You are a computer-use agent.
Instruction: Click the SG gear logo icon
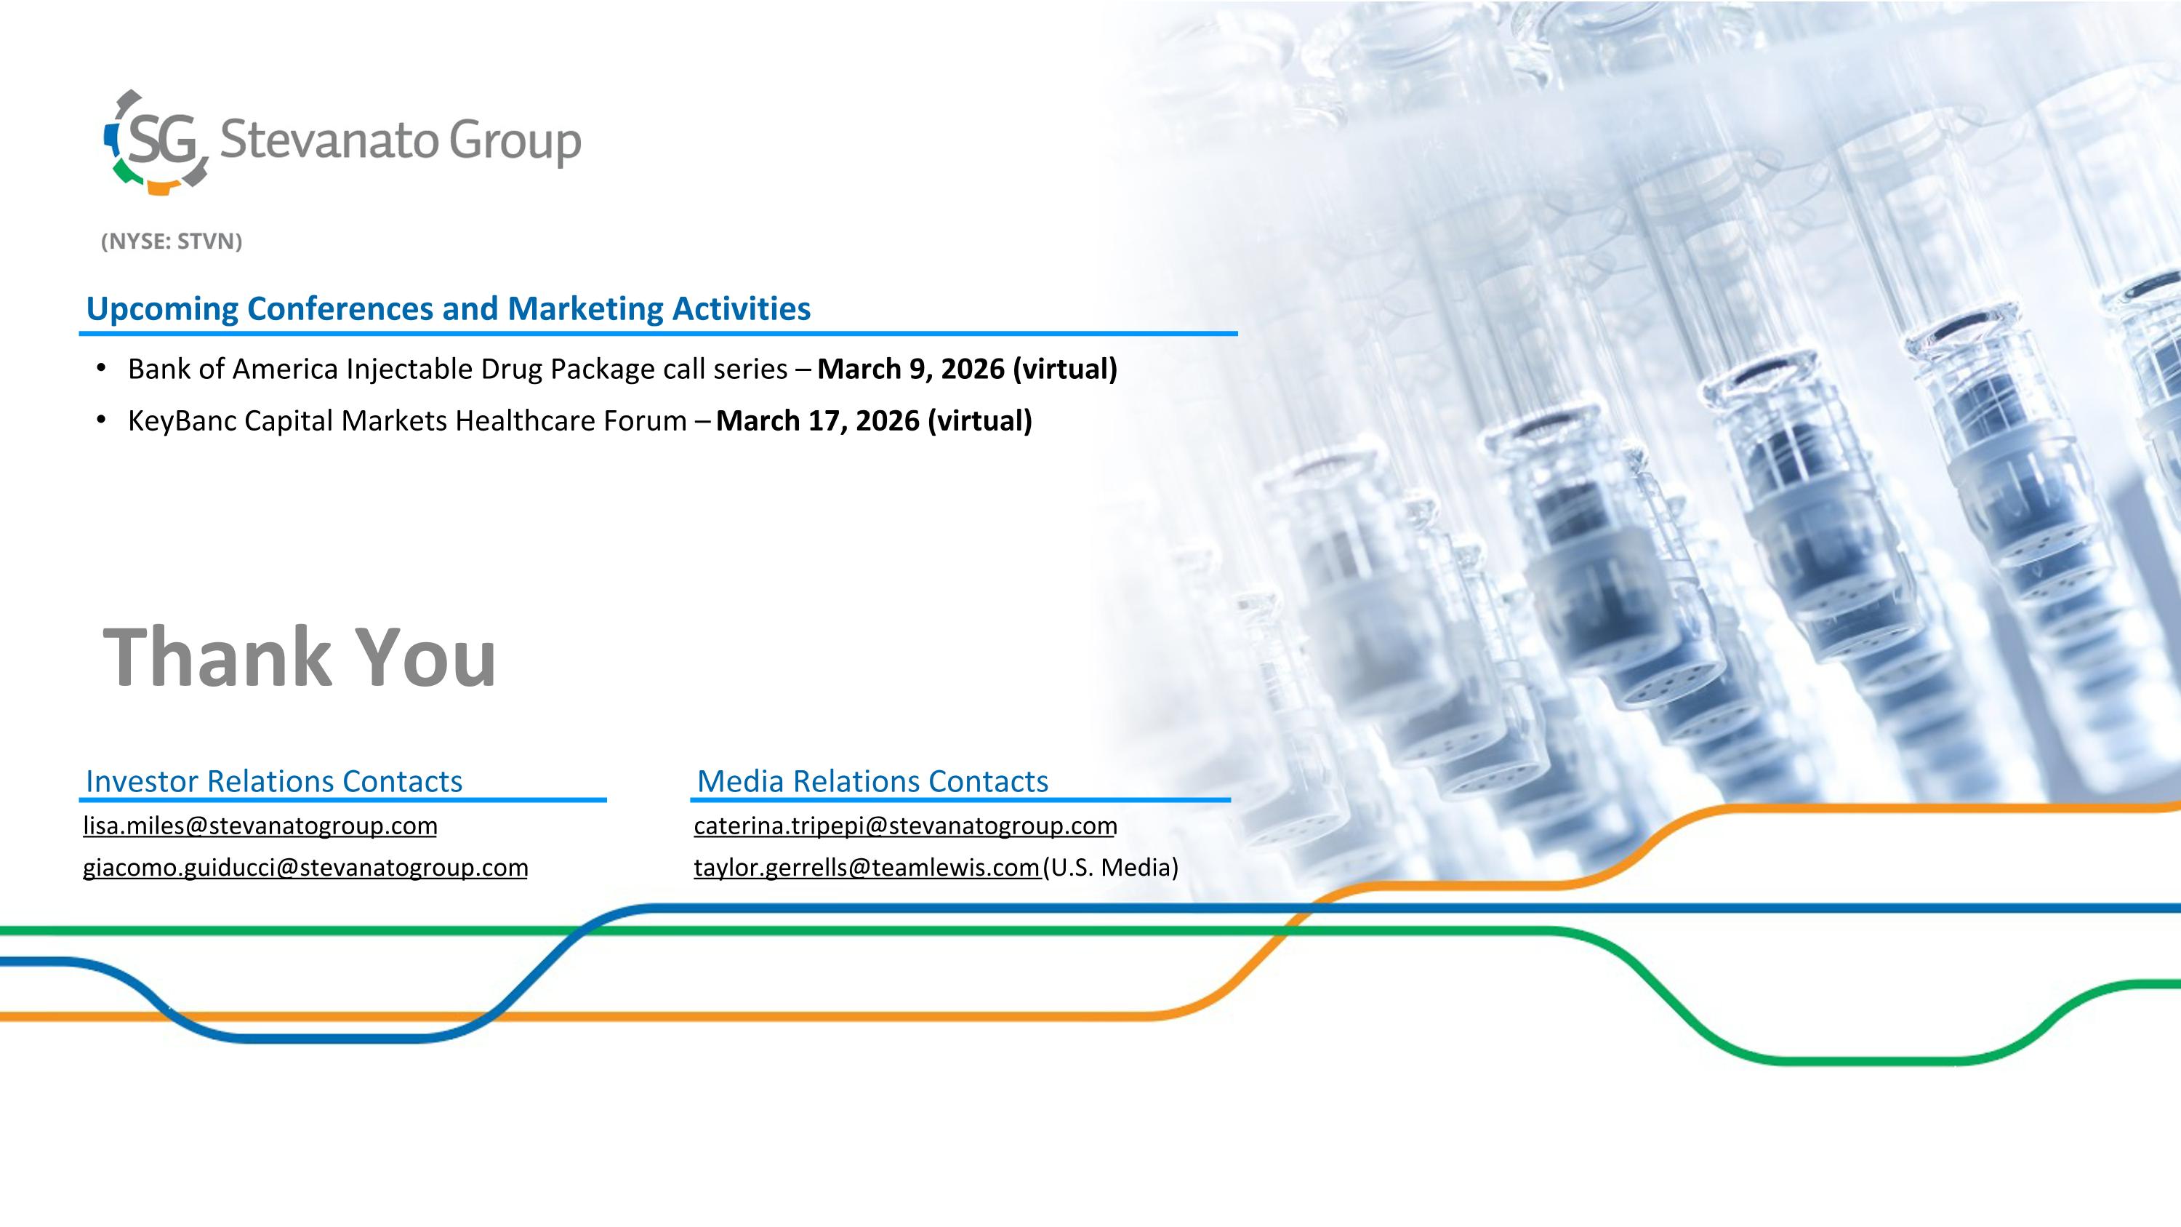pyautogui.click(x=156, y=141)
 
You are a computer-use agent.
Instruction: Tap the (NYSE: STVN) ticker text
pyautogui.click(x=172, y=241)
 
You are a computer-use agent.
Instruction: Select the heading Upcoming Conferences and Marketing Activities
pyautogui.click(x=449, y=308)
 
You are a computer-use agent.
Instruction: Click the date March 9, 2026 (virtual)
pyautogui.click(x=967, y=369)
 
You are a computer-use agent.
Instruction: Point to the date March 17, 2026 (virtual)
pyautogui.click(x=874, y=421)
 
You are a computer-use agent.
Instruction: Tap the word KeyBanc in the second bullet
pyautogui.click(x=182, y=421)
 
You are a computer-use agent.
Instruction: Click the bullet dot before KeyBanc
pyautogui.click(x=102, y=419)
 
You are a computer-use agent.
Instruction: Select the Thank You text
pyautogui.click(x=300, y=657)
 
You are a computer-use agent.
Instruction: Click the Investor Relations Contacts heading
pyautogui.click(x=274, y=780)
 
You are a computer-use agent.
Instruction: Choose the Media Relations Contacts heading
pyautogui.click(x=873, y=780)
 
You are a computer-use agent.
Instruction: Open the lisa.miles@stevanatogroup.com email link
pyautogui.click(x=260, y=826)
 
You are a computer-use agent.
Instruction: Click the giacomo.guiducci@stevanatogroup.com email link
pyautogui.click(x=305, y=868)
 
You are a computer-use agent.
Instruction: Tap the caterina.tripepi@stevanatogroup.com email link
pyautogui.click(x=905, y=826)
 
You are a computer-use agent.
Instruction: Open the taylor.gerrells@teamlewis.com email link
pyautogui.click(x=867, y=868)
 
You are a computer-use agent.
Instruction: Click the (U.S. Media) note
pyautogui.click(x=1111, y=868)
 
